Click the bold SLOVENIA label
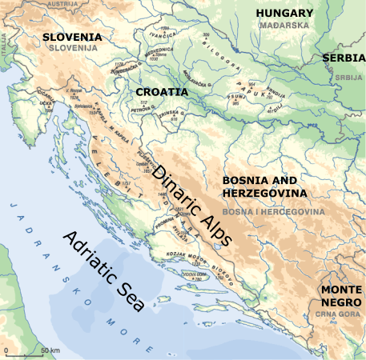[72, 38]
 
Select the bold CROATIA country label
[162, 92]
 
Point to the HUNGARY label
[284, 14]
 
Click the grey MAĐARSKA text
[284, 26]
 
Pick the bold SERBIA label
[344, 58]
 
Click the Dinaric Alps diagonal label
[193, 205]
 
